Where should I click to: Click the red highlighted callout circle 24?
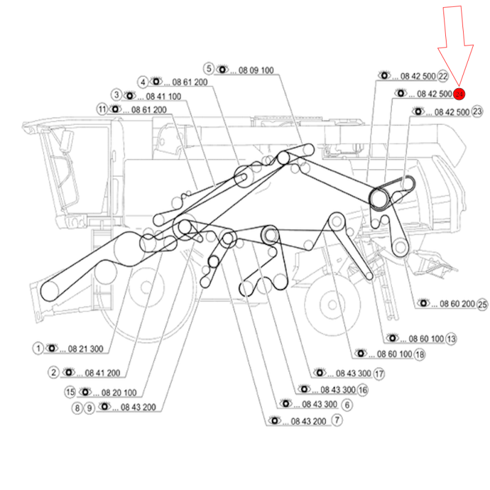pyautogui.click(x=459, y=94)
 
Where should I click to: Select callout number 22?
pyautogui.click(x=443, y=77)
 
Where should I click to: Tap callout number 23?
pyautogui.click(x=477, y=111)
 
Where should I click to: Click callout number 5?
pyautogui.click(x=209, y=69)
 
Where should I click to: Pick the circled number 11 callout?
pyautogui.click(x=102, y=110)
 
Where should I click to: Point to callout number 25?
pyautogui.click(x=483, y=304)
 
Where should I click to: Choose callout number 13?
pyautogui.click(x=451, y=338)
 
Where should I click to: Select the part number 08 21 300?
pyautogui.click(x=85, y=349)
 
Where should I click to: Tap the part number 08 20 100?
pyautogui.click(x=119, y=393)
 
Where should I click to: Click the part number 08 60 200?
pyautogui.click(x=458, y=304)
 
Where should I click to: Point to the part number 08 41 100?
pyautogui.click(x=163, y=96)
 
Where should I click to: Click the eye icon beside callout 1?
pyautogui.click(x=51, y=348)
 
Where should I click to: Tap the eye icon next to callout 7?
pyautogui.click(x=274, y=420)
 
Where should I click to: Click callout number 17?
pyautogui.click(x=379, y=373)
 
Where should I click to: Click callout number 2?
pyautogui.click(x=54, y=372)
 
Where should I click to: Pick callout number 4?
pyautogui.click(x=142, y=81)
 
